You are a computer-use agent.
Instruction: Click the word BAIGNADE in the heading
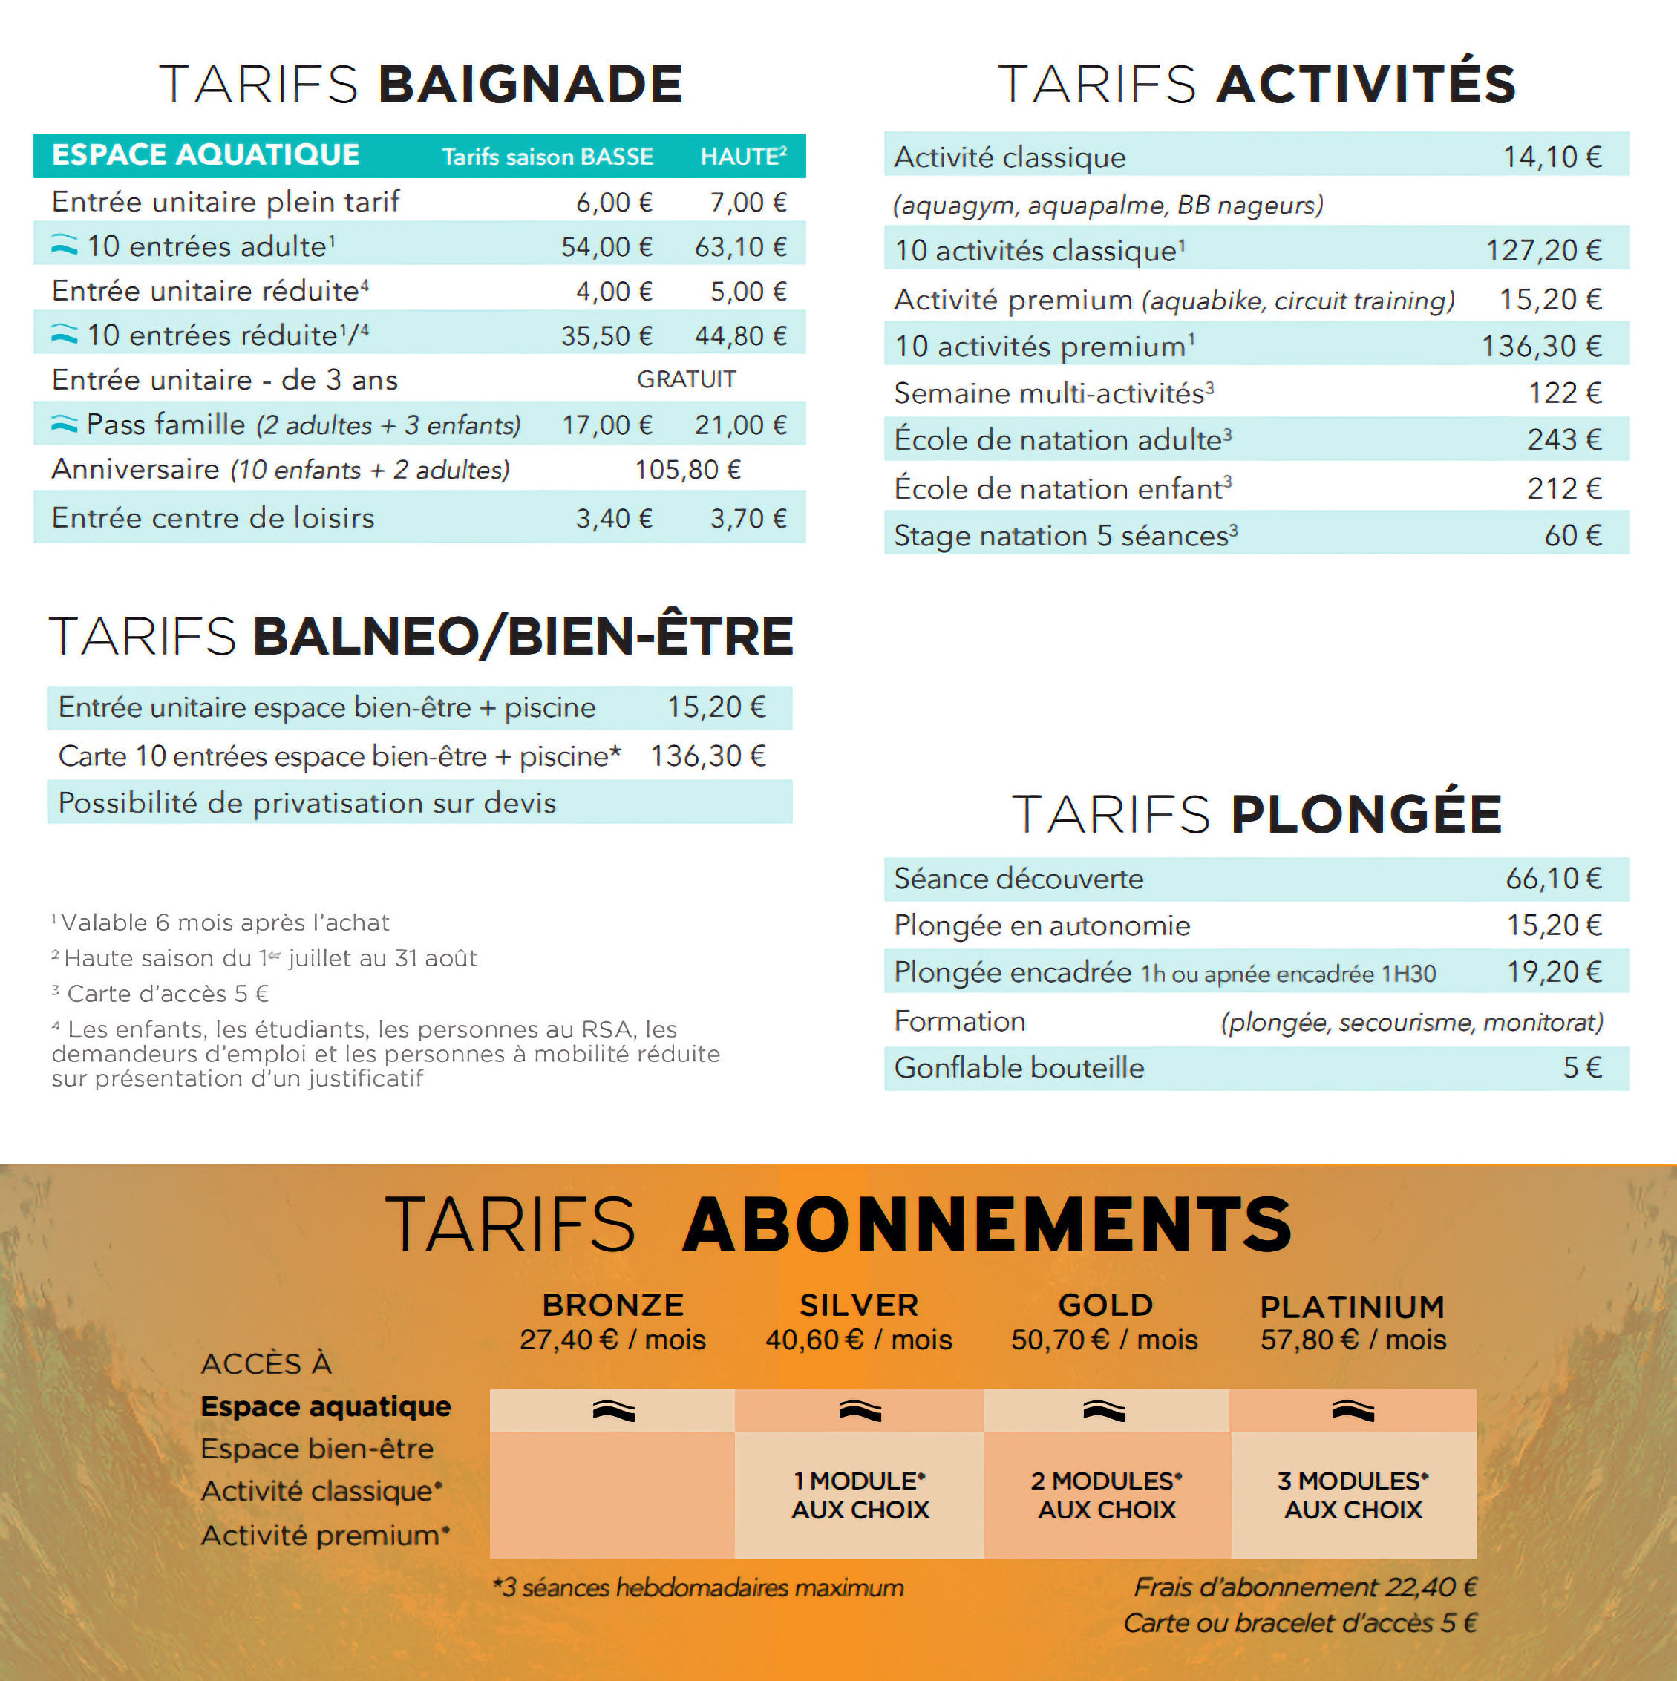530,85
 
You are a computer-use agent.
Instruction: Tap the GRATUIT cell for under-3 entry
686,379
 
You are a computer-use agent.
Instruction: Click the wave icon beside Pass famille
65,425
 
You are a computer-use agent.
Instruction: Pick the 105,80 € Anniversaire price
687,470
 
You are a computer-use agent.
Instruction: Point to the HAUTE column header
743,157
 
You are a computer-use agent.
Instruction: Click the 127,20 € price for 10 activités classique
1543,251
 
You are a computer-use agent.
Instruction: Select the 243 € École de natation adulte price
1564,440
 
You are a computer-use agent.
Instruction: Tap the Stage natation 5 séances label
1065,536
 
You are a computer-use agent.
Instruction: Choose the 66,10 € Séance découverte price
1554,879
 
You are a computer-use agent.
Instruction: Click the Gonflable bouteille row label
1019,1067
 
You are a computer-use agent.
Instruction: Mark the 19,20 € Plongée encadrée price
1554,972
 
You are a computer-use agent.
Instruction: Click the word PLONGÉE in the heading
1366,814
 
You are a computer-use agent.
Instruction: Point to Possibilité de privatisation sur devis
307,802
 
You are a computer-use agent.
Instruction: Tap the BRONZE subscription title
612,1305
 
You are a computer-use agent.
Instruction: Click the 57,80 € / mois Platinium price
1353,1340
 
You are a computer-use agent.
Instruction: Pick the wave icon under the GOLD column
1105,1412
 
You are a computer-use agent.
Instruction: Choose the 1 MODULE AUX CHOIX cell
860,1495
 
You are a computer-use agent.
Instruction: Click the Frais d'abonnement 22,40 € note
1304,1587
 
